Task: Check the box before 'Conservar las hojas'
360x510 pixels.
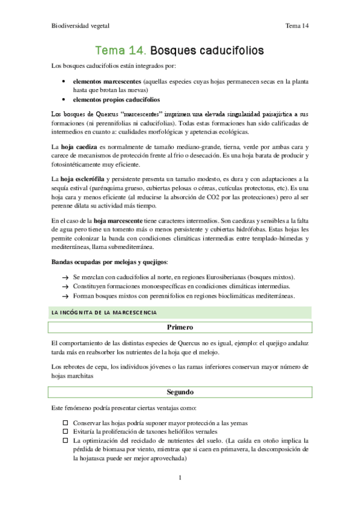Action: (x=65, y=423)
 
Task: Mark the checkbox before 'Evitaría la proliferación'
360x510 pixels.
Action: (x=65, y=432)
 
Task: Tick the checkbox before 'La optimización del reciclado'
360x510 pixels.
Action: (x=65, y=441)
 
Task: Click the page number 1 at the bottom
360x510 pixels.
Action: (x=180, y=478)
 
